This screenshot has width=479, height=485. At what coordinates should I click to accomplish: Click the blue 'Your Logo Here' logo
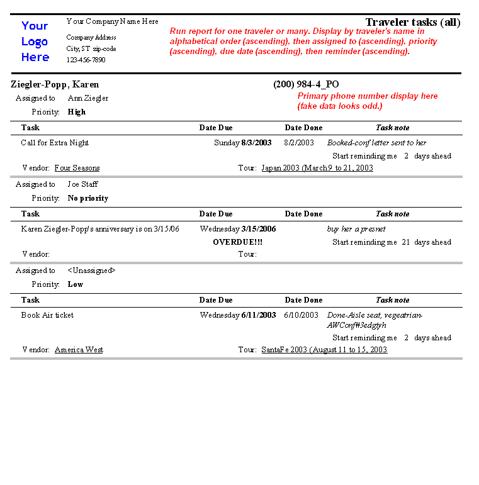tap(35, 42)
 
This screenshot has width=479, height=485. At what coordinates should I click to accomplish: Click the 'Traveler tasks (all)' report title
tap(412, 23)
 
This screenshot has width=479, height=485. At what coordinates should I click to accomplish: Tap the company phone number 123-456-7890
tap(86, 60)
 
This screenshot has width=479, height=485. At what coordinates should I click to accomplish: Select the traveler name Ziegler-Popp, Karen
tap(55, 84)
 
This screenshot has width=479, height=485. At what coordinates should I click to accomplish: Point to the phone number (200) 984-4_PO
tap(306, 84)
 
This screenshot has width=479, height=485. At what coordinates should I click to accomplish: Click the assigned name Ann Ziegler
tap(88, 98)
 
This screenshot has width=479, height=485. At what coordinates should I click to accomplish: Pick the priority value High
tap(77, 112)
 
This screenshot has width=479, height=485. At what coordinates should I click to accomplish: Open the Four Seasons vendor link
tap(77, 168)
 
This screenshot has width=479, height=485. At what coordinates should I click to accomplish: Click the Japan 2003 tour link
tap(317, 168)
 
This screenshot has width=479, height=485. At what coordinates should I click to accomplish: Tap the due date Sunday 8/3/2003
tap(243, 143)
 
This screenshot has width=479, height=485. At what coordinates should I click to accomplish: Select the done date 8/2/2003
tap(299, 143)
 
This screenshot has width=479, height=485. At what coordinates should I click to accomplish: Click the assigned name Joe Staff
tap(83, 184)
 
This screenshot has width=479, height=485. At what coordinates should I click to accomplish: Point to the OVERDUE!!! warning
tap(238, 242)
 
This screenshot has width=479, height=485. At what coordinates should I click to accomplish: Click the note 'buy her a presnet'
tap(356, 229)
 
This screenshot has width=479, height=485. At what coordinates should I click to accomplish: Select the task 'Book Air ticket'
tap(47, 315)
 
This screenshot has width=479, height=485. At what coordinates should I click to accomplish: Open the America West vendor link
tap(79, 350)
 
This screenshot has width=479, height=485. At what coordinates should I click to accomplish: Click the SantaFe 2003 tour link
tap(324, 350)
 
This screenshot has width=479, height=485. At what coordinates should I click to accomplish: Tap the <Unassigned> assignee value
tap(92, 270)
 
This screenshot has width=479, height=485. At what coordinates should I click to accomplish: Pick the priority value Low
tap(76, 284)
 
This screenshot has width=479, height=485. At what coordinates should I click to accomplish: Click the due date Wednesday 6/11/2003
tap(238, 315)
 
